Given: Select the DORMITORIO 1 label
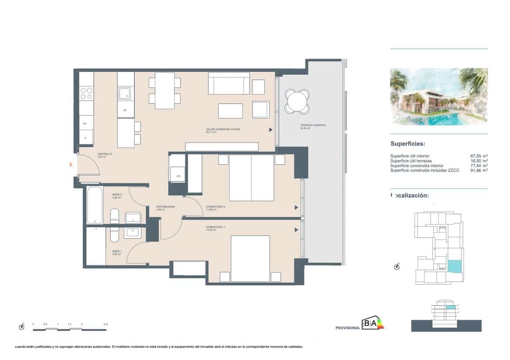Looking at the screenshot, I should click(x=216, y=227).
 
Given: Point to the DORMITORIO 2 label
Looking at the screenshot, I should click(x=216, y=207).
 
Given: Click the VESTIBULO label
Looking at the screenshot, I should click(x=104, y=154).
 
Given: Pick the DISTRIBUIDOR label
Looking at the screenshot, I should click(x=165, y=207).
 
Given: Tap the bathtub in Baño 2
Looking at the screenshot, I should click(x=95, y=205).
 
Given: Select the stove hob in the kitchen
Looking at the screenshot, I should click(x=86, y=93).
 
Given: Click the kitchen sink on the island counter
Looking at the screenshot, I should click(x=125, y=94).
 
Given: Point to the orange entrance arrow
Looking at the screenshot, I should click(x=71, y=165).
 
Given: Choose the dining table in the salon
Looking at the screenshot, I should click(x=165, y=90).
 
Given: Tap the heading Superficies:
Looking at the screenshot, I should click(x=408, y=144).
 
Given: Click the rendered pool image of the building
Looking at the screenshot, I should click(x=439, y=97).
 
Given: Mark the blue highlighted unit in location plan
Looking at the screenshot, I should click(x=454, y=266).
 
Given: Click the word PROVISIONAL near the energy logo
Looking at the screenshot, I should click(x=348, y=328).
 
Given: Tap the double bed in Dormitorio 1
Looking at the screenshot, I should click(x=251, y=258).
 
